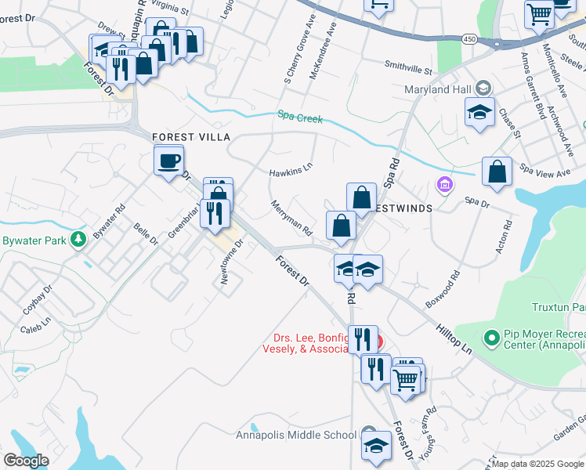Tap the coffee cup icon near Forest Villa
pyautogui.click(x=169, y=161)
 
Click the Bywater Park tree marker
pyautogui.click(x=78, y=239)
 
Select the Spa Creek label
pyautogui.click(x=300, y=117)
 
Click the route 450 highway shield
pyautogui.click(x=468, y=38)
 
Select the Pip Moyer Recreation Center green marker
pyautogui.click(x=492, y=338)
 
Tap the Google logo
pyautogui.click(x=27, y=460)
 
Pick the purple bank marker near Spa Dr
pyautogui.click(x=444, y=186)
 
